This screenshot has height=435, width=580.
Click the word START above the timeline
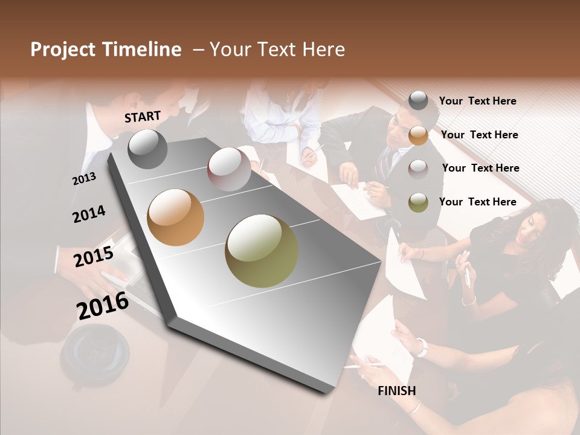(x=143, y=117)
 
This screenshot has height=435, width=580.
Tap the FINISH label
(x=397, y=391)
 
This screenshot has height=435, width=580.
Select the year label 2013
(x=84, y=178)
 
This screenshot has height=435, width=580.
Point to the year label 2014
(x=89, y=214)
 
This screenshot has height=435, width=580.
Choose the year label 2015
(x=94, y=257)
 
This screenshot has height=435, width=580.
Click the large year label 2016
(x=103, y=305)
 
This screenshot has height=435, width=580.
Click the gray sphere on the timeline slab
(x=147, y=149)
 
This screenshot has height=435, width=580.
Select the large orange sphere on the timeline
(x=176, y=217)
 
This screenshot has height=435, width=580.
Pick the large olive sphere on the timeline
(x=262, y=251)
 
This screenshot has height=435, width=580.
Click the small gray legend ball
(x=418, y=101)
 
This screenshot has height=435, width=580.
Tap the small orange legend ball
(x=418, y=135)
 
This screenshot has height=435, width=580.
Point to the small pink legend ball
(x=418, y=169)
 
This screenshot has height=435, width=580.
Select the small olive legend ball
(x=418, y=203)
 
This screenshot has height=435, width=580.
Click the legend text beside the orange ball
(x=479, y=135)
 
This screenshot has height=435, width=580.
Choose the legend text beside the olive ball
(x=477, y=202)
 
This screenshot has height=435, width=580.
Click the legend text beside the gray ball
(x=477, y=101)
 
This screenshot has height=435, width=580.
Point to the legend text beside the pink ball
(x=480, y=168)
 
